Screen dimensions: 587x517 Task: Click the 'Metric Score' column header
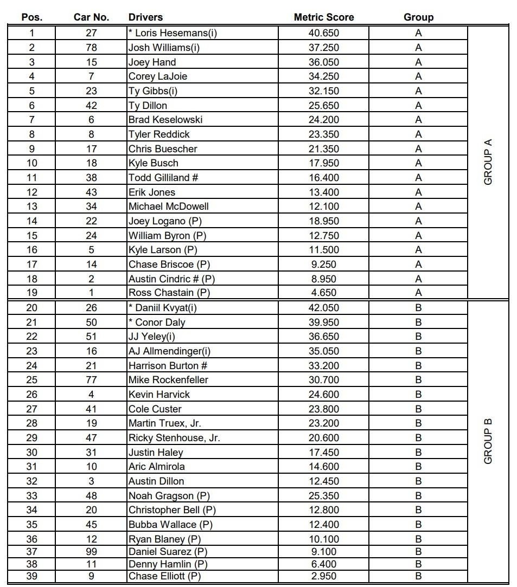[x=323, y=17]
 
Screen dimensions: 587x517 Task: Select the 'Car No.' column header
[x=91, y=17]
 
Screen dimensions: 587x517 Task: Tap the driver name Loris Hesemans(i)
[x=173, y=33]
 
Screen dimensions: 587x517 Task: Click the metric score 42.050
[x=323, y=308]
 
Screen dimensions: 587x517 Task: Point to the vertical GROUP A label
[x=488, y=162]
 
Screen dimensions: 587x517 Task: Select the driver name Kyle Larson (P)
[x=162, y=250]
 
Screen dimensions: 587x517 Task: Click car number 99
[x=91, y=552]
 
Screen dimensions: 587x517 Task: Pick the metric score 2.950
[x=323, y=576]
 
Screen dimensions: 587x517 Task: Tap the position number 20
[x=32, y=308]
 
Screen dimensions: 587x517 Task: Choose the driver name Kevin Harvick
[x=159, y=395]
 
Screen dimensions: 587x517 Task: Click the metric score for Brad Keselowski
[x=323, y=120]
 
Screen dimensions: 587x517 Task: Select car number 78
[x=91, y=48]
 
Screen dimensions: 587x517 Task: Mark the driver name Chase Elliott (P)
[x=164, y=576]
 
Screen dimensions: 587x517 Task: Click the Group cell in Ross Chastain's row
[x=418, y=293]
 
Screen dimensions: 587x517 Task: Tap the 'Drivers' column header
[x=145, y=17]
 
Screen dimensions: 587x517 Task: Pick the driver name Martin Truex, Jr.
[x=164, y=423]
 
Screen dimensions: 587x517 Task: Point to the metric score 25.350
[x=323, y=496]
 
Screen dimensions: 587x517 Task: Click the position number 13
[x=32, y=207]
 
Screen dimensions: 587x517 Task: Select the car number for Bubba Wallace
[x=91, y=525]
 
